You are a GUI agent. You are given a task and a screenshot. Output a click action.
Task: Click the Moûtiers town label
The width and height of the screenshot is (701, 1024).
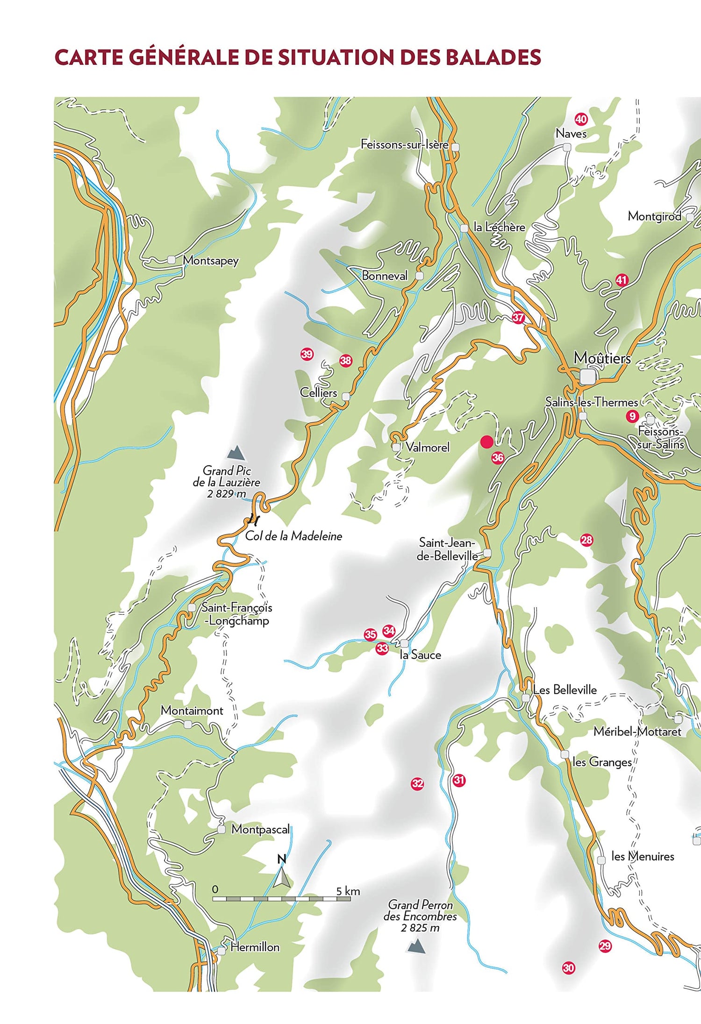point(602,358)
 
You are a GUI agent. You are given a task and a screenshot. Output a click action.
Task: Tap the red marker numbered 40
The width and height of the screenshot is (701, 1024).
point(580,119)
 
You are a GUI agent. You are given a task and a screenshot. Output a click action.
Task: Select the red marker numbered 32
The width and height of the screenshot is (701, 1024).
point(417,783)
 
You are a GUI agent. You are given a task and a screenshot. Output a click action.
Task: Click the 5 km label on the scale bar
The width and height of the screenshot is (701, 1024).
point(348,891)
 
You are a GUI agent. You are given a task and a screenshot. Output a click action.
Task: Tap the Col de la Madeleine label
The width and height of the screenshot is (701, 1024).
point(293,536)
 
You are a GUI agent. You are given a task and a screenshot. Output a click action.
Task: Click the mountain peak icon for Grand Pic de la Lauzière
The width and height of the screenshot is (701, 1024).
point(236,452)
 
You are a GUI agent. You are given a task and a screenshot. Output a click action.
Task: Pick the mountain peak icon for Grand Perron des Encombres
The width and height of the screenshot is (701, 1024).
point(415,946)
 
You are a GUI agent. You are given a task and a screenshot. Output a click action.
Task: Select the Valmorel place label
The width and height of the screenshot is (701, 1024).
point(427,447)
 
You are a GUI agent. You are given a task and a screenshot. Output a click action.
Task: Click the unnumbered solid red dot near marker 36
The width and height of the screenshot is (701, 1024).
point(487,441)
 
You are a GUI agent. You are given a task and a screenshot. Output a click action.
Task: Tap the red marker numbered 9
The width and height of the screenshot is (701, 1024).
point(632,416)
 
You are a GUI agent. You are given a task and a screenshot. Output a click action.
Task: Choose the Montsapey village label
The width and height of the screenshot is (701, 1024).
point(210,260)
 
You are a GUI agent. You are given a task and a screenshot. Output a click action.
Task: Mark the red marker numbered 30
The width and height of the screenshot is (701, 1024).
point(568,968)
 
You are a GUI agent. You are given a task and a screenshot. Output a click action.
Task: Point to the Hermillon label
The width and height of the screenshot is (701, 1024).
point(255,947)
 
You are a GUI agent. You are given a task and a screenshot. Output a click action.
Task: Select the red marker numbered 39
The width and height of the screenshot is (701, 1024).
point(307,354)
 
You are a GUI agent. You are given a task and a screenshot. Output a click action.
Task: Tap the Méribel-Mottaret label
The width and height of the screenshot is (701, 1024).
point(637,731)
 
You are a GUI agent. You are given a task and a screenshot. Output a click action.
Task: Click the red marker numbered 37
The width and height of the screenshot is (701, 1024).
point(518,318)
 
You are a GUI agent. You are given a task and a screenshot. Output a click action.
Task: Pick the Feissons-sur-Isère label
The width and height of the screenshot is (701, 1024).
point(404,144)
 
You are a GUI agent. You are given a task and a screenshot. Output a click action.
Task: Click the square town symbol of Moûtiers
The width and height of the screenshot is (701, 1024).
point(587,377)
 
